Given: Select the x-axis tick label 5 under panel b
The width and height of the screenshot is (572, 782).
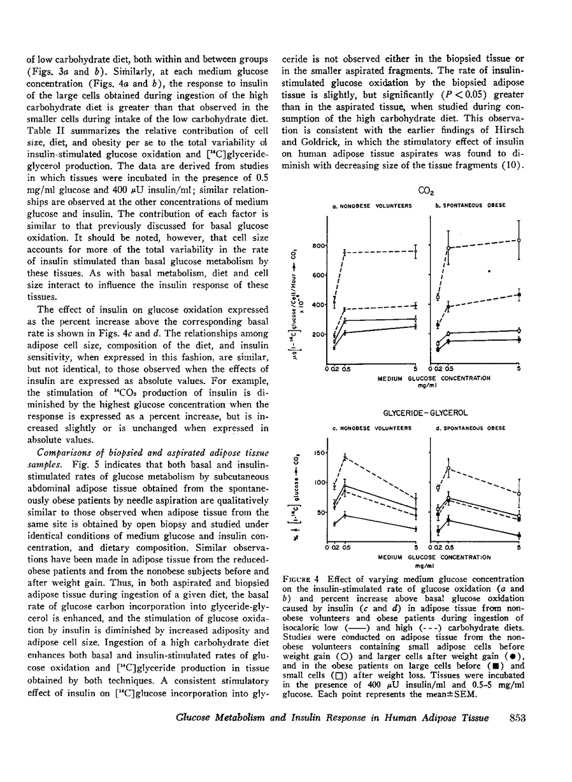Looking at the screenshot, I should pos(518,368).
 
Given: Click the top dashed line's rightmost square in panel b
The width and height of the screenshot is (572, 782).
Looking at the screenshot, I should pos(519,240).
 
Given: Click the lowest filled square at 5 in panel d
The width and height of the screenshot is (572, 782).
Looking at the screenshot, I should pos(519,535).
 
